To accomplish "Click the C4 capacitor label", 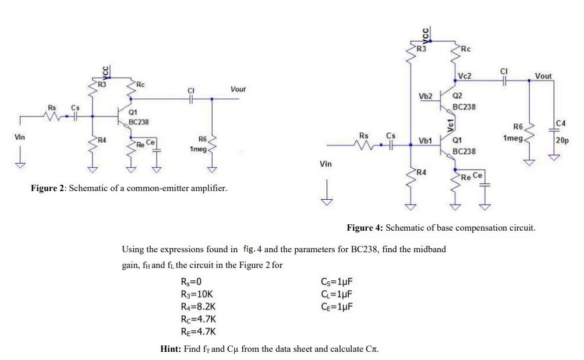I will click(561, 123).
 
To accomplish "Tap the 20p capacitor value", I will click(562, 141).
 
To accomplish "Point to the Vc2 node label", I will click(465, 76).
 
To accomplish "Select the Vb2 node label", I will click(425, 96).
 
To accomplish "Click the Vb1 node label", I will click(425, 141).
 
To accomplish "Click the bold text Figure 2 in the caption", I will click(48, 188).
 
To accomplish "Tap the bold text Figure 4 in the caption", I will click(364, 228).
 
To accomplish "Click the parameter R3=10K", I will click(200, 294).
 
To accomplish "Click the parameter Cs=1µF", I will click(337, 282).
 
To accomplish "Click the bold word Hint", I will click(170, 349).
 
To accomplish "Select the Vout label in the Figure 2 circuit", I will click(238, 89).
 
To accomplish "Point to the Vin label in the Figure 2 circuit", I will click(20, 137).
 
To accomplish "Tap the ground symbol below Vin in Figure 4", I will click(328, 202).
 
